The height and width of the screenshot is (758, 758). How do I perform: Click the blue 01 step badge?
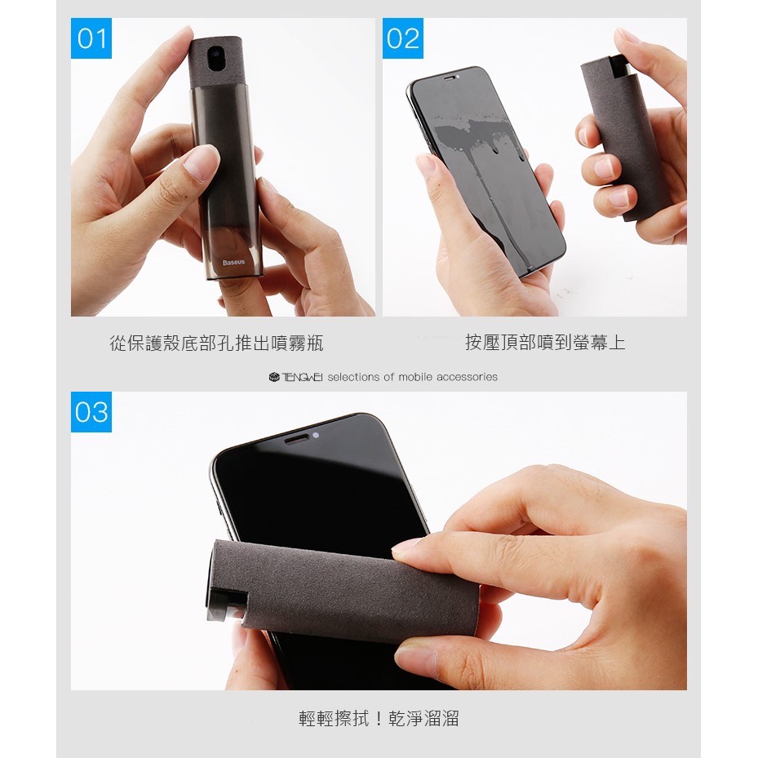click(x=91, y=38)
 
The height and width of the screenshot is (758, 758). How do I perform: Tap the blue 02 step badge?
click(x=403, y=38)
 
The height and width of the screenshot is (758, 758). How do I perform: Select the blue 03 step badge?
click(x=91, y=412)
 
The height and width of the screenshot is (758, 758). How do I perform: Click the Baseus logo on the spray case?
click(x=234, y=263)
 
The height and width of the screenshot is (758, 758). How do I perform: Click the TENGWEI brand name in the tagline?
click(x=302, y=377)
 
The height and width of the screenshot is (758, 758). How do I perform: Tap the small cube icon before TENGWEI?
click(x=274, y=377)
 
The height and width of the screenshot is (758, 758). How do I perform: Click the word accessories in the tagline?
click(x=467, y=377)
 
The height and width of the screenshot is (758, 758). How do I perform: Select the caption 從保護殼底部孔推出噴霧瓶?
click(x=216, y=344)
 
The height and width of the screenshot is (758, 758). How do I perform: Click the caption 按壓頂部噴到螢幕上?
click(x=545, y=342)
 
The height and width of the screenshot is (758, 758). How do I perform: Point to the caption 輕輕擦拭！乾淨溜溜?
click(x=379, y=718)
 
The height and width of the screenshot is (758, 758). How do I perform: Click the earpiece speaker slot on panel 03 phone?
click(x=296, y=440)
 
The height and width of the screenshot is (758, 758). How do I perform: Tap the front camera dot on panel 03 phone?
click(x=316, y=436)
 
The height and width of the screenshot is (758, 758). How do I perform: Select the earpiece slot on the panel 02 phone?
click(x=450, y=77)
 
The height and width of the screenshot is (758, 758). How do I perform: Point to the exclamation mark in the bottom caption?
click(x=379, y=718)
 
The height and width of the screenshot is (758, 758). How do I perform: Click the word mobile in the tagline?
click(x=416, y=377)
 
